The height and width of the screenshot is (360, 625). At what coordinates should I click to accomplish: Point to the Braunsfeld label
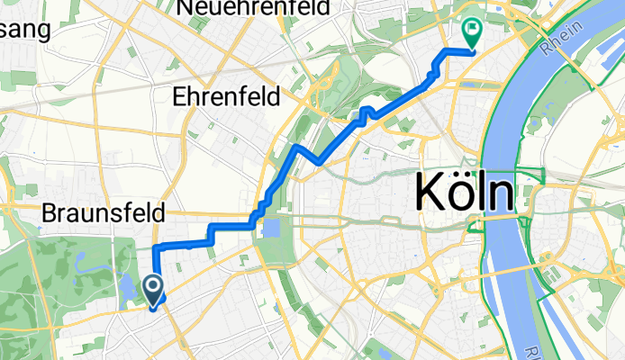coord(104,214)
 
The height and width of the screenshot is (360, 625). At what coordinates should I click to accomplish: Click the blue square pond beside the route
coord(270,229)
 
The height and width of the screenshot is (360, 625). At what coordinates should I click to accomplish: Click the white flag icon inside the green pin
coord(472,29)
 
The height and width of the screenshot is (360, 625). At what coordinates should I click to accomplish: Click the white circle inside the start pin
coord(153,287)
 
